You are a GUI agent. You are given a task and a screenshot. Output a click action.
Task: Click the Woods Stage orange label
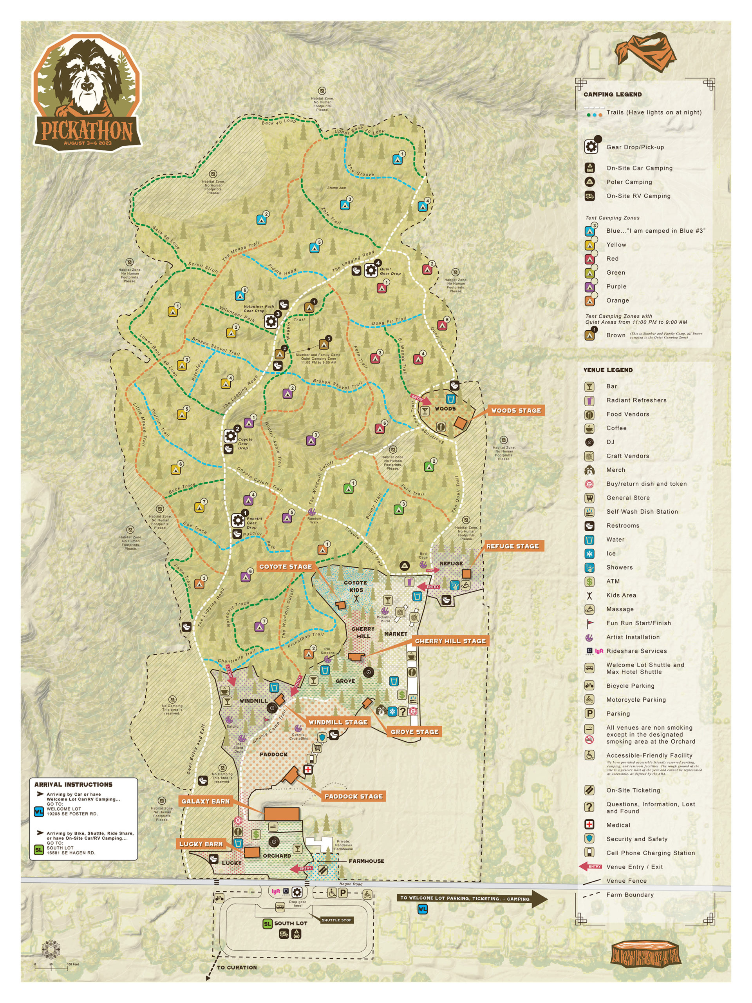(x=516, y=410)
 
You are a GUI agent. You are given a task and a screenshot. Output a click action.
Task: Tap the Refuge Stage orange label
(x=512, y=546)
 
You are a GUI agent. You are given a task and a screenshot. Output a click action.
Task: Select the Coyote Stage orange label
(x=286, y=566)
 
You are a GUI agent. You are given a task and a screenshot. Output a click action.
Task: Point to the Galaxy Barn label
(x=205, y=801)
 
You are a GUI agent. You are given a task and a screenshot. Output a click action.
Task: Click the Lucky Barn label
(x=201, y=844)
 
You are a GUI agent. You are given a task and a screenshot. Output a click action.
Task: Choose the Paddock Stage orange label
(x=354, y=796)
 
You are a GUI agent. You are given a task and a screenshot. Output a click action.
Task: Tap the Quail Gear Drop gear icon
(x=371, y=270)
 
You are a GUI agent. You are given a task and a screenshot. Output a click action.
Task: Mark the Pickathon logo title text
(x=87, y=130)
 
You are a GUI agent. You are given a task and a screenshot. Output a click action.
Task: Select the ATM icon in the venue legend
(x=589, y=581)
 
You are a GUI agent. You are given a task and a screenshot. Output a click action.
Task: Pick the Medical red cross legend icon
(x=589, y=825)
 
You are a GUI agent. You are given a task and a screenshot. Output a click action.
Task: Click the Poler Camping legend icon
(x=589, y=182)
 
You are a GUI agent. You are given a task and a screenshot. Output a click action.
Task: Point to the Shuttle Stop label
(x=336, y=920)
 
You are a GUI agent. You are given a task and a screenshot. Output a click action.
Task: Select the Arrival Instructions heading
(x=73, y=784)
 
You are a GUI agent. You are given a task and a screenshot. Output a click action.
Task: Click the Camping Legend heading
(x=613, y=94)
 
